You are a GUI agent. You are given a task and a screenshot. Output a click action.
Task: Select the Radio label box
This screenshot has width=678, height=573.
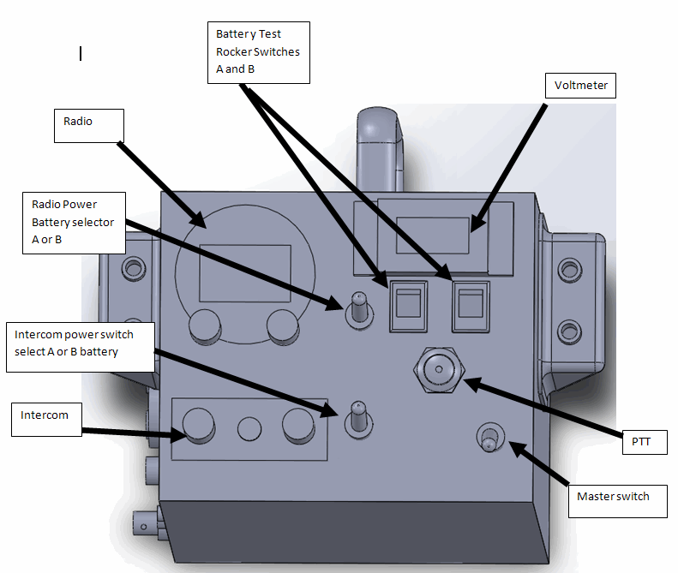pos(89,125)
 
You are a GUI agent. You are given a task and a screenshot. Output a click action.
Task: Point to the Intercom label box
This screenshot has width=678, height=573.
pos(47,421)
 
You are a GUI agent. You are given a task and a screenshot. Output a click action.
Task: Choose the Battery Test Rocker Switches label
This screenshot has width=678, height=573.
pos(258,51)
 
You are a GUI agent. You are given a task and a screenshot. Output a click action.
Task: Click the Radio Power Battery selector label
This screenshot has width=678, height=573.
pos(75,222)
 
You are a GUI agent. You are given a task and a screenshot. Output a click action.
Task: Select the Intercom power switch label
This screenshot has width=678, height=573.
pos(81,346)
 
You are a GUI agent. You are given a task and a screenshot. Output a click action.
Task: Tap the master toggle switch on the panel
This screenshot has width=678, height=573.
pos(489,437)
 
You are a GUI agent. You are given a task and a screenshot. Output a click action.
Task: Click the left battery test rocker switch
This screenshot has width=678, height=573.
pos(407,304)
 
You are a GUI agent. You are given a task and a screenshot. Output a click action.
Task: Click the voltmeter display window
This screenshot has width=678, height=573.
pos(434,235)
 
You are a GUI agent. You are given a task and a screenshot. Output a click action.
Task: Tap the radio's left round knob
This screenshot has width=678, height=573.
pos(204,325)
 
